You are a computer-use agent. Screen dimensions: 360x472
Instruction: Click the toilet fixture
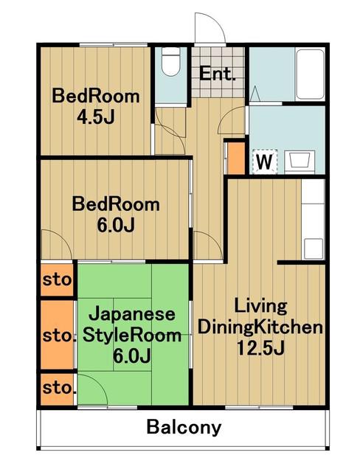click(x=170, y=62)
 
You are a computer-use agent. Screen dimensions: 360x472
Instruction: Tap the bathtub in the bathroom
click(x=310, y=74)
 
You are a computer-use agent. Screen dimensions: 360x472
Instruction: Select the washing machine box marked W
click(x=265, y=162)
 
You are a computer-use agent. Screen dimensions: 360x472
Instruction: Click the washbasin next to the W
click(x=300, y=162)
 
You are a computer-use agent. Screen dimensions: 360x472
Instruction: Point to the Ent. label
click(x=218, y=74)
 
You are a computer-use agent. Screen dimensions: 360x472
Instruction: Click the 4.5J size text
click(x=96, y=117)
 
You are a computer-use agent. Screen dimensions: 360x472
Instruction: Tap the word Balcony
click(x=184, y=427)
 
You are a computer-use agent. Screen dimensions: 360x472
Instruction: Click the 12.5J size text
click(x=260, y=348)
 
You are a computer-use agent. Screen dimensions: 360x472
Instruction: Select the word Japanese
click(x=131, y=315)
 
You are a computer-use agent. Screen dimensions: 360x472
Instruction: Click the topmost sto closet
click(x=58, y=280)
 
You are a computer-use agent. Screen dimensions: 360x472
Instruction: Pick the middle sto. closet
click(x=58, y=335)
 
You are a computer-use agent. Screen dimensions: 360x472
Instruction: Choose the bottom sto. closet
click(x=58, y=389)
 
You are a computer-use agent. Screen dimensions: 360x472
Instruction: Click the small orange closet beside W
click(x=235, y=158)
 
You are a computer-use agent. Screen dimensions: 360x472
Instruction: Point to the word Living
click(x=260, y=306)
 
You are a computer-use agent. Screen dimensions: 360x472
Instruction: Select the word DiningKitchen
click(x=260, y=327)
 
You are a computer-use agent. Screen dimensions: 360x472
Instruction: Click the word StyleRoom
click(x=132, y=336)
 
